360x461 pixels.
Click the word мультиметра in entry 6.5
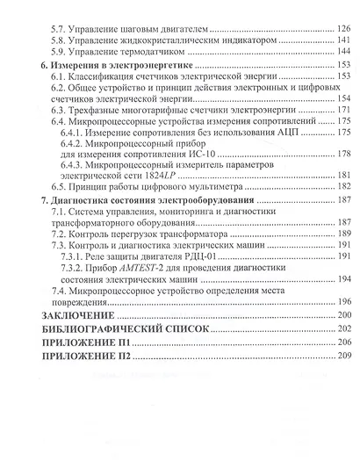(x=237, y=186)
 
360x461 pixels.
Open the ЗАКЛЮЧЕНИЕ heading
(x=78, y=314)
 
